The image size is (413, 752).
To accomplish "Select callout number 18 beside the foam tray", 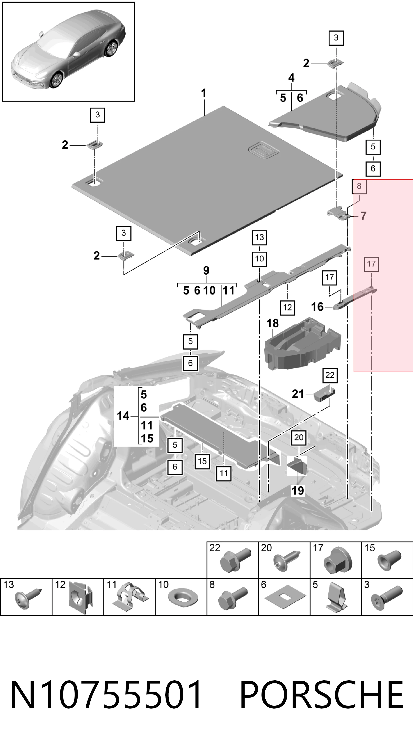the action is coord(273,323).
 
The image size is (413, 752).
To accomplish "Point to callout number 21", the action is coord(298,394).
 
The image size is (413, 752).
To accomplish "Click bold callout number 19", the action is coord(298,491).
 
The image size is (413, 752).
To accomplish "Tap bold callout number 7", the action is coord(363,216).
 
